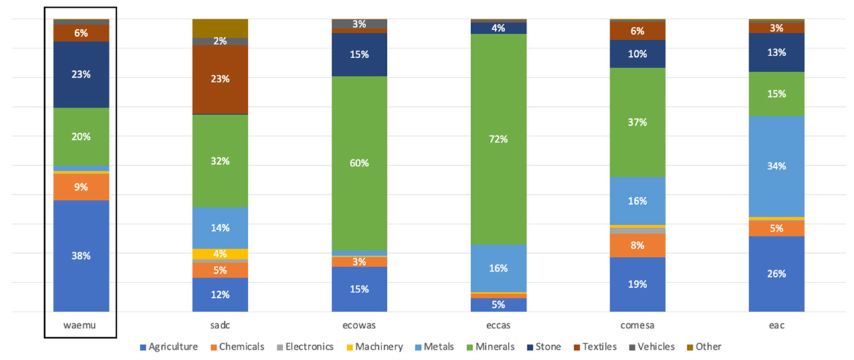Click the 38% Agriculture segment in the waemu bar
(x=81, y=256)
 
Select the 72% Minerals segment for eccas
(x=498, y=139)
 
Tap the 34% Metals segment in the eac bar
(x=776, y=166)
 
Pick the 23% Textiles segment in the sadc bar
(x=220, y=79)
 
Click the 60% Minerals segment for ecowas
(x=359, y=163)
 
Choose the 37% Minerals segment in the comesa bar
(x=637, y=122)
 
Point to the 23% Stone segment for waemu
(x=81, y=74)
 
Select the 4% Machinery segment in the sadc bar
(x=220, y=254)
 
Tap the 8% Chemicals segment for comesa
(x=637, y=245)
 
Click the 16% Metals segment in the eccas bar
(x=498, y=268)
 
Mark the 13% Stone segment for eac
(x=776, y=52)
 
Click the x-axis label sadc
(x=220, y=326)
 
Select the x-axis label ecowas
(x=359, y=326)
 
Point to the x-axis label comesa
(x=637, y=326)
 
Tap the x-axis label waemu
(x=81, y=326)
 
